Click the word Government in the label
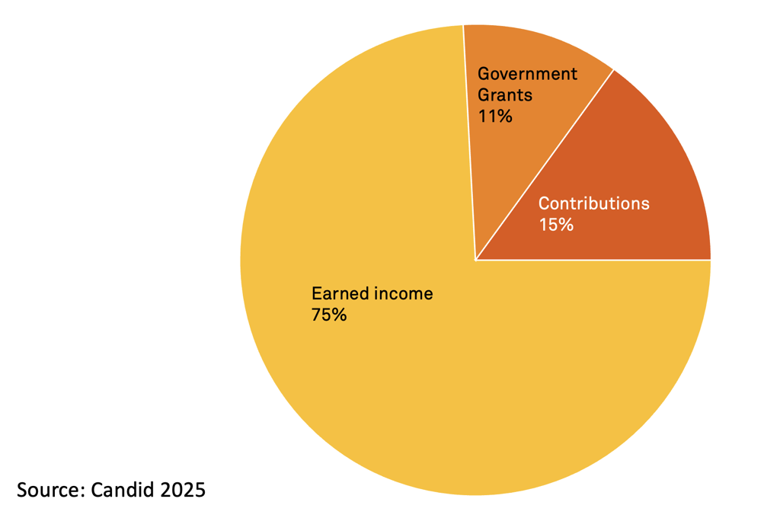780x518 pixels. click(527, 74)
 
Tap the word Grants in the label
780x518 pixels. click(504, 95)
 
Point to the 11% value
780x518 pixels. click(494, 117)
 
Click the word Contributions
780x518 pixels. click(593, 203)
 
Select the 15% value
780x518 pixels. click(555, 225)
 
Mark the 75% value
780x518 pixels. click(328, 315)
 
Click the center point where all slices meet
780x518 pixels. click(475, 260)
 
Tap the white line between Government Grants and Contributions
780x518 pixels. click(545, 165)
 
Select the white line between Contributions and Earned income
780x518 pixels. click(594, 260)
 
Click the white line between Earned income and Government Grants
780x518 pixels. click(469, 145)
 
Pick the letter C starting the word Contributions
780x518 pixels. click(544, 203)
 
